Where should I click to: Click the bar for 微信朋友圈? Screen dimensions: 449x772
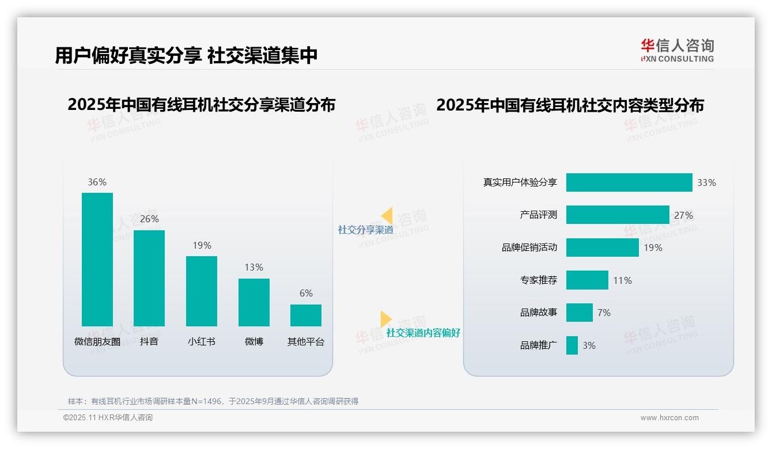click(x=97, y=259)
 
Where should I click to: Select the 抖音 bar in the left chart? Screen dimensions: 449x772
click(x=149, y=278)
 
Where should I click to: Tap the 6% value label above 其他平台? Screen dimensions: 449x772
click(x=306, y=294)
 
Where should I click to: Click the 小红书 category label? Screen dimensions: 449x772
click(x=201, y=341)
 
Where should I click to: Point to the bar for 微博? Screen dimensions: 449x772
click(x=254, y=302)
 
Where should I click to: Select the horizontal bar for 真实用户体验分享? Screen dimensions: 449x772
click(x=629, y=182)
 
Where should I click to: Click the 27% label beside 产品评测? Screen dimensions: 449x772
click(x=683, y=215)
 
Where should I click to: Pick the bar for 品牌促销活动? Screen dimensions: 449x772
click(x=603, y=248)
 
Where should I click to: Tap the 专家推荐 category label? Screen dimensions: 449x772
click(x=539, y=280)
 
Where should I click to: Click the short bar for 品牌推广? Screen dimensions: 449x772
click(x=572, y=345)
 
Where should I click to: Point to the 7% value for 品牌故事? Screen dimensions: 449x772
click(x=604, y=313)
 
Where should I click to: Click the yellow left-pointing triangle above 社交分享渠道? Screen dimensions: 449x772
click(x=387, y=216)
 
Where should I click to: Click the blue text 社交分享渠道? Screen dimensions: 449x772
click(x=366, y=230)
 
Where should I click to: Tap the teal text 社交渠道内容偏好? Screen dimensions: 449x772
click(x=423, y=333)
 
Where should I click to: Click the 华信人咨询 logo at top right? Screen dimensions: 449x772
click(x=677, y=50)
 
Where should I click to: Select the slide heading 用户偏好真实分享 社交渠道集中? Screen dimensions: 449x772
click(x=186, y=56)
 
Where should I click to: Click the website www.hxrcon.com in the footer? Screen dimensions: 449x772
click(x=669, y=418)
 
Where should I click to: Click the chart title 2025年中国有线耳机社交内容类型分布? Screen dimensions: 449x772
click(x=570, y=105)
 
